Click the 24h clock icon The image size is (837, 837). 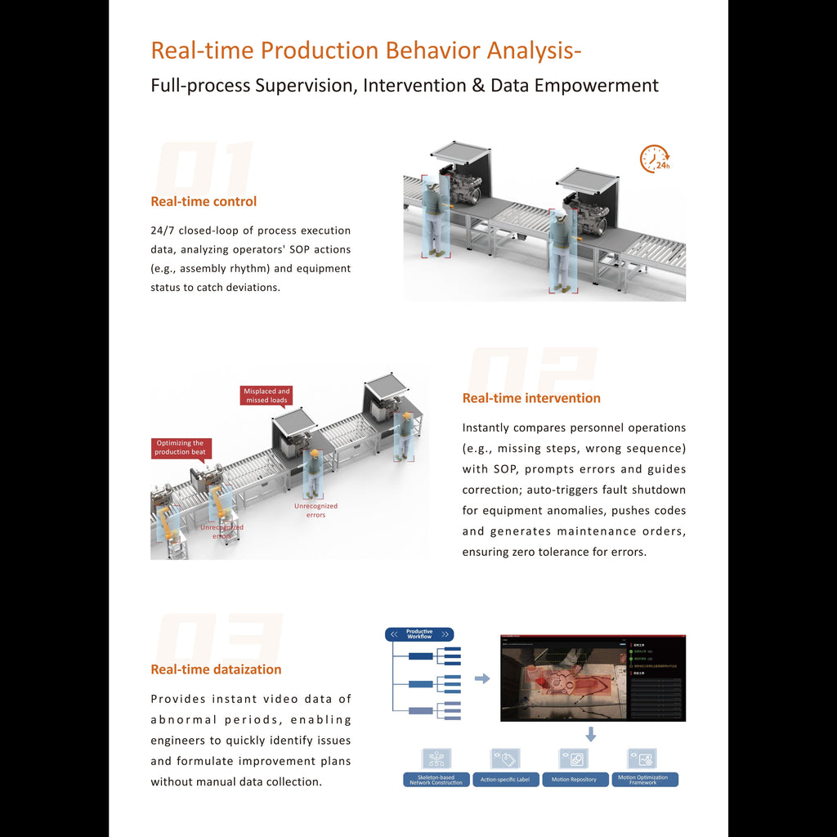tap(655, 159)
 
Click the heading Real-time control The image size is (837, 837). tap(204, 201)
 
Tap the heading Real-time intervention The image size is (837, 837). tap(531, 398)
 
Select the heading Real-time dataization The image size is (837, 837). tap(216, 669)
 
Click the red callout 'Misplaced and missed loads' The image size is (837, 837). tap(266, 396)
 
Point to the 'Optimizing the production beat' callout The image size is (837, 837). tap(181, 448)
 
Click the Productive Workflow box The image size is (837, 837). tap(419, 634)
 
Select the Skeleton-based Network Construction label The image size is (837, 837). tap(436, 780)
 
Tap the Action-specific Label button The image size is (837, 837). tap(505, 780)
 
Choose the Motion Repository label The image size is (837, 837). tap(574, 780)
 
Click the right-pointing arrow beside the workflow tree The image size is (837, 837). tap(482, 678)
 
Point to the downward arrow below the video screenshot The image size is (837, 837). tap(591, 734)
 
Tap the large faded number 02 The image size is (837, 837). tap(530, 372)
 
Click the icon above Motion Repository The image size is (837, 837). tap(574, 759)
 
